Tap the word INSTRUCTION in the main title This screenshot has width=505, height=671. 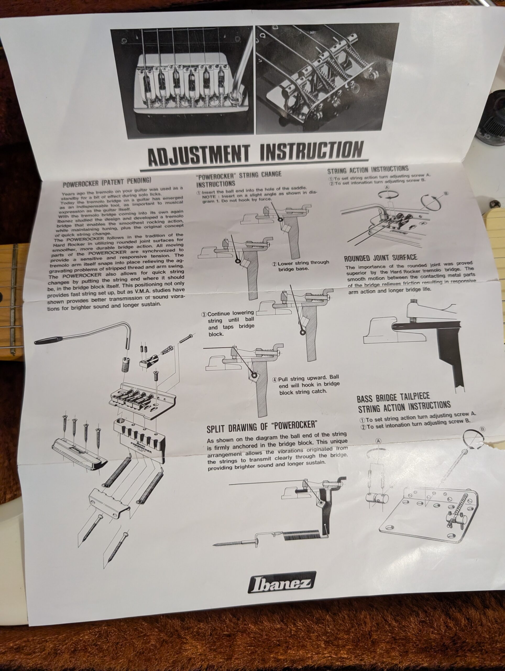click(312, 151)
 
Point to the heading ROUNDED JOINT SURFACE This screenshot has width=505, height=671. click(380, 258)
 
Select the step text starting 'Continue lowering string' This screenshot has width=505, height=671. click(228, 323)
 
